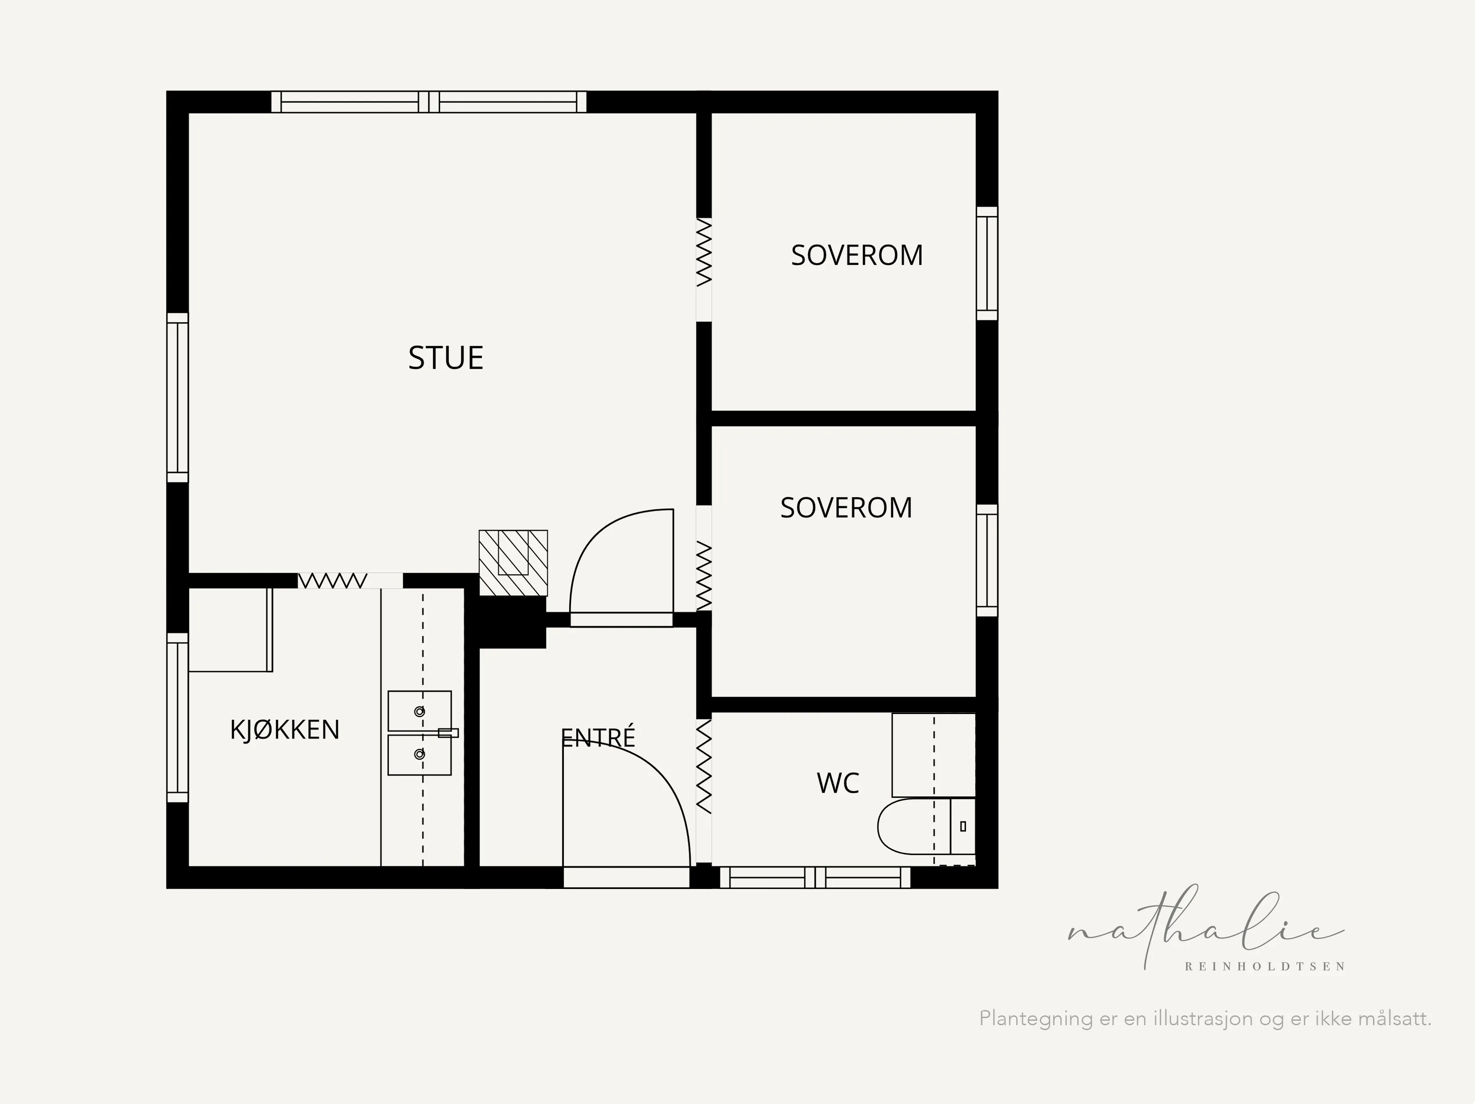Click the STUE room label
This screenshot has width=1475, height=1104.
point(445,358)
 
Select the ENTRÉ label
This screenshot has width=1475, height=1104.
point(598,737)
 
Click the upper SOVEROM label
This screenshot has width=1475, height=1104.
point(857,256)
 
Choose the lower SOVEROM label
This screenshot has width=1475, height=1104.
point(846,508)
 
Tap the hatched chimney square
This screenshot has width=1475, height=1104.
point(513,563)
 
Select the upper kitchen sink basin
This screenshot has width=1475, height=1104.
point(420,711)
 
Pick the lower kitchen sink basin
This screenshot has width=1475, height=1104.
point(420,755)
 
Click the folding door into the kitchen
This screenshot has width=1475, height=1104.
point(332,580)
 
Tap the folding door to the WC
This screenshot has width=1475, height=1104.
point(704,767)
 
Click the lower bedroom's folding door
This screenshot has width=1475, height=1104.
point(704,576)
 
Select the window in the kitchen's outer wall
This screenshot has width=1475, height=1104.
point(177,717)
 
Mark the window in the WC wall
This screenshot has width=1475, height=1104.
point(815,877)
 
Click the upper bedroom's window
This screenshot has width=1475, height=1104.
point(987,264)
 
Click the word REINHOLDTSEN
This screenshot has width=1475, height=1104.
point(1265,966)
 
